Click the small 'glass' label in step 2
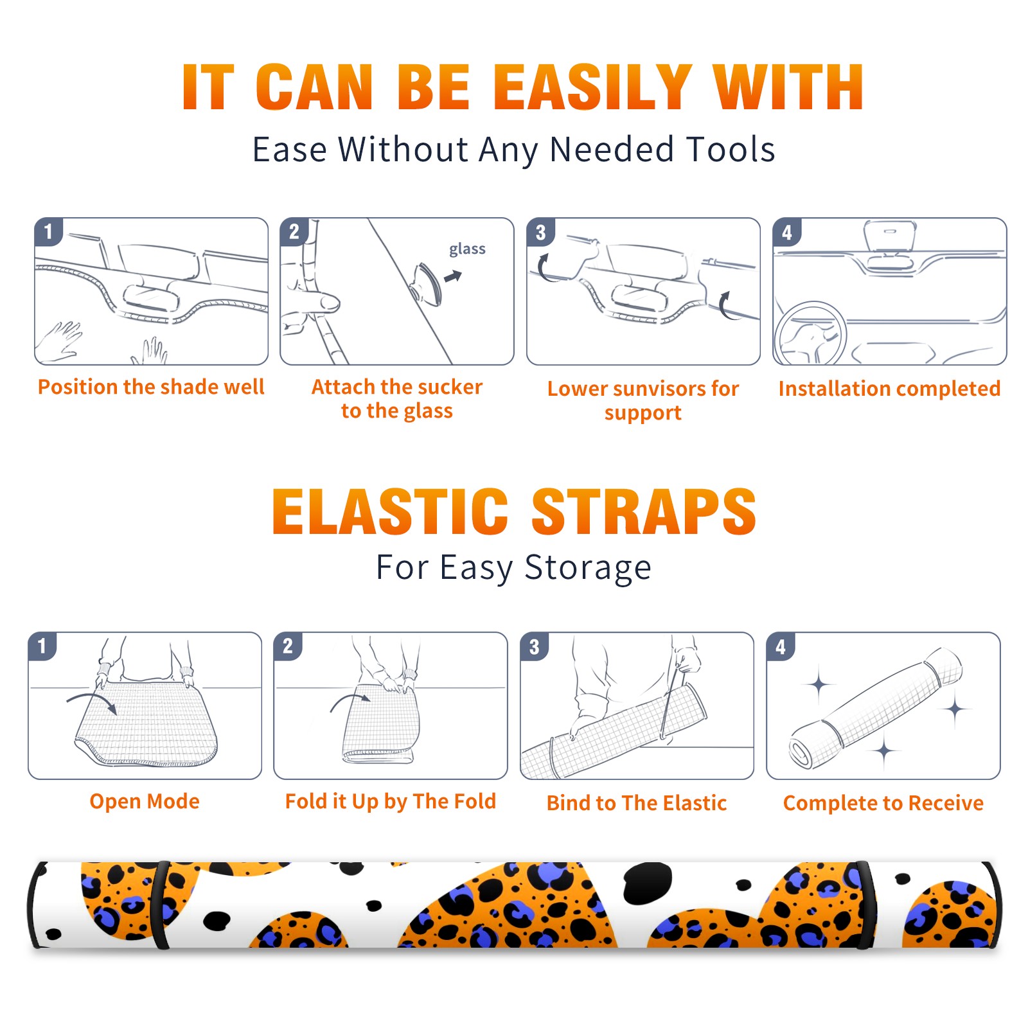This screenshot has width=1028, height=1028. (x=467, y=249)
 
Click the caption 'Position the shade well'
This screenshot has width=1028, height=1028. (x=151, y=387)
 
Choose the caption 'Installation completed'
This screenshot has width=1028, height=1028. (x=889, y=389)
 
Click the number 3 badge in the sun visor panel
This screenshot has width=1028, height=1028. (x=540, y=233)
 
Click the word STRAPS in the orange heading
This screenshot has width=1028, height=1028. (x=644, y=511)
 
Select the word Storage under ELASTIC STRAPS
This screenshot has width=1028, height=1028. (x=588, y=569)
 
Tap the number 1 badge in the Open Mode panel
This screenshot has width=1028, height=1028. (x=42, y=646)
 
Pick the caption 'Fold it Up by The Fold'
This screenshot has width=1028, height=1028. (x=391, y=801)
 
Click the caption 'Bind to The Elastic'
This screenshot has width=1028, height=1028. (x=637, y=803)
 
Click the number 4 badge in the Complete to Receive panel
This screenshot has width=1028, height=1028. (x=781, y=646)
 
